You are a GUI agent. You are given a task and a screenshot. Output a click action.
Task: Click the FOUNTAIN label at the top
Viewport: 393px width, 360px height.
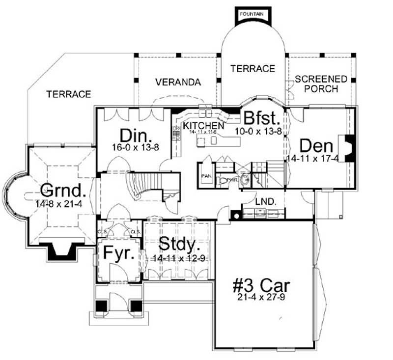coord(252,14)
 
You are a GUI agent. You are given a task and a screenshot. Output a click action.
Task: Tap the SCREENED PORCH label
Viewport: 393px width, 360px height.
coord(321,84)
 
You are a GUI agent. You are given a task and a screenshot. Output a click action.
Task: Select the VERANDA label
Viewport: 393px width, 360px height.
coord(178,82)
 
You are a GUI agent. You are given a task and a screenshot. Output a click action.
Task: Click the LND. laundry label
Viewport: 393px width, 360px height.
coord(261,201)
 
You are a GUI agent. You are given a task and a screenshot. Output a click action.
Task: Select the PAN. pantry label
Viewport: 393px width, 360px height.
coord(206,175)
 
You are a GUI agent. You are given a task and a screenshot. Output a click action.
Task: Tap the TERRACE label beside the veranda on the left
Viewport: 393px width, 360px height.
coord(69,94)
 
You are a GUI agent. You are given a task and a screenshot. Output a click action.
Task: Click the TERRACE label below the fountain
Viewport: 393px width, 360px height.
coord(253,69)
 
